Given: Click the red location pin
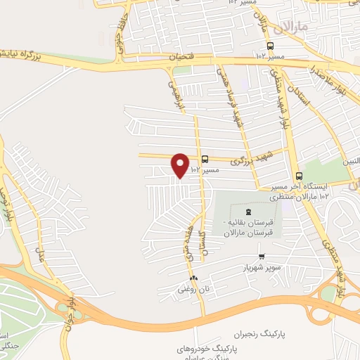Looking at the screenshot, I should (181, 165).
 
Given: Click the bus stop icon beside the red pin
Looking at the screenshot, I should (205, 160).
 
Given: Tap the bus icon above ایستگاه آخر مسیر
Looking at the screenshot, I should (300, 176).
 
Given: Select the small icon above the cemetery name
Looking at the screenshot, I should (247, 212).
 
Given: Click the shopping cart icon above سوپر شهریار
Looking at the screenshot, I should (262, 257).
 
